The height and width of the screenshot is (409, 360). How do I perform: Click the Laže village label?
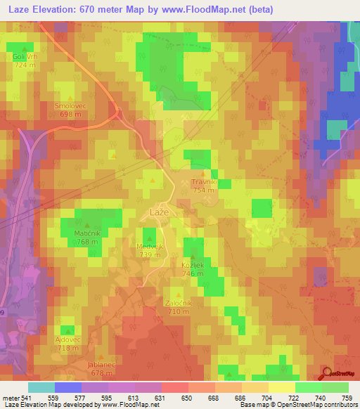[x=160, y=211]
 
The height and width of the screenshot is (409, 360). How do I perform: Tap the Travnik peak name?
[x=204, y=182]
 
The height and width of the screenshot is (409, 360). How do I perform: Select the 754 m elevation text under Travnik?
[x=204, y=190]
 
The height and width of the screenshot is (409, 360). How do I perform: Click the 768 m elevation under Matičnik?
[x=89, y=242]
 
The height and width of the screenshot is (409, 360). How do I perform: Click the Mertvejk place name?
[x=150, y=247]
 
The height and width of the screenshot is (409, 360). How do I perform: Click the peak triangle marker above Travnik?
[x=204, y=173]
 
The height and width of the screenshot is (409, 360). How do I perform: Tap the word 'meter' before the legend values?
[x=11, y=397]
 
